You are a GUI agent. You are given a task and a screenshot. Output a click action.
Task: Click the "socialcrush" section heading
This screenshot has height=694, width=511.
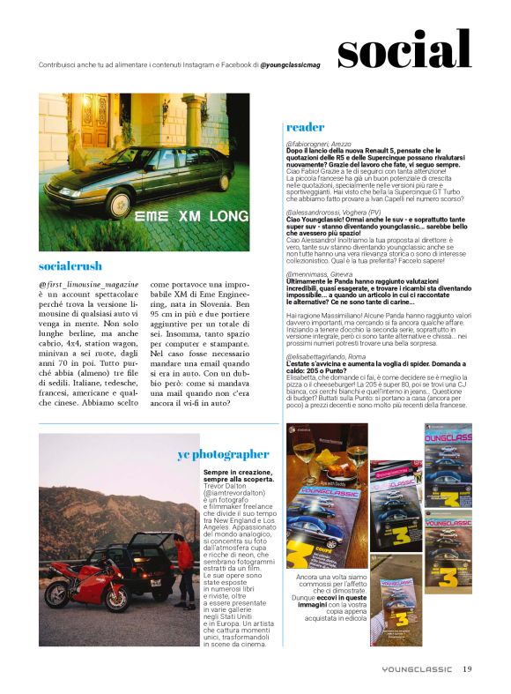70,265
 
